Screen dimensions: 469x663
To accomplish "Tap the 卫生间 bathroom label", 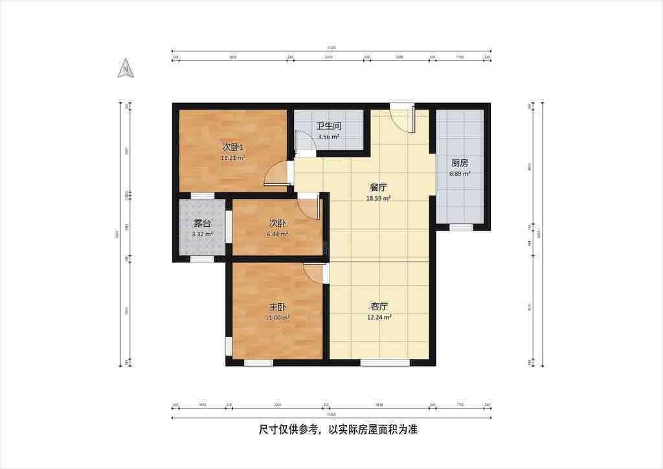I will (x=328, y=126).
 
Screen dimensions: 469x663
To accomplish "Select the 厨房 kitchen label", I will (x=460, y=163).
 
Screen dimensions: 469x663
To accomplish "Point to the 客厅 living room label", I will (x=379, y=306).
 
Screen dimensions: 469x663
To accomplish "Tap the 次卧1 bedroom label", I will (x=233, y=146).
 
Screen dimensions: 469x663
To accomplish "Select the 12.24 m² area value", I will (x=379, y=317).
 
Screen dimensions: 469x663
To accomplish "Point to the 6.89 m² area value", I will (x=460, y=174).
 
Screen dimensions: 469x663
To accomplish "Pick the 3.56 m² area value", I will (x=328, y=137).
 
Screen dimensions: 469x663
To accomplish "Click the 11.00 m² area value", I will (x=277, y=318).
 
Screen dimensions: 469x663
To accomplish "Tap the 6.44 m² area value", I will (x=278, y=234).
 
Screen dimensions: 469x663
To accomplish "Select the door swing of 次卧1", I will (x=277, y=173).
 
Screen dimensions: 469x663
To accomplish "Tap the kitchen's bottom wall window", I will (x=460, y=227).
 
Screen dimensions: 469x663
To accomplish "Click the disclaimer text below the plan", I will (x=331, y=429).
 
